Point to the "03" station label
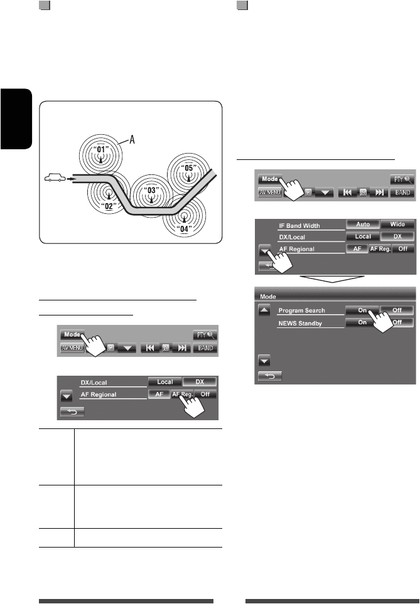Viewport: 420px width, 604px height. (151, 189)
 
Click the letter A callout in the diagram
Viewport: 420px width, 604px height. (133, 141)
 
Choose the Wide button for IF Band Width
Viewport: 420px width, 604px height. (397, 223)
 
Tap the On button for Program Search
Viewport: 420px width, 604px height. (362, 310)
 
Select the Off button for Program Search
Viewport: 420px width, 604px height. (397, 310)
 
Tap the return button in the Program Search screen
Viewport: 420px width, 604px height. (269, 376)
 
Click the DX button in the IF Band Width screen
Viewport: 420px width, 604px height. (397, 236)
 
